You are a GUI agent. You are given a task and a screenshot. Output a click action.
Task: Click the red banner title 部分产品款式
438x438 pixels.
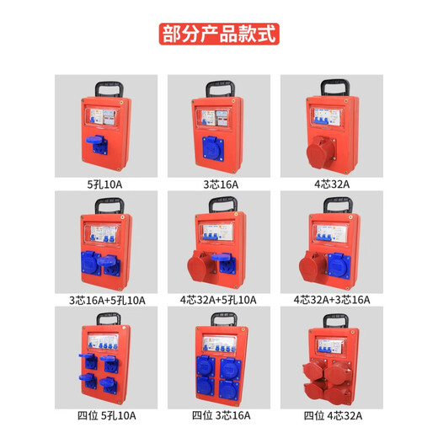pyautogui.click(x=218, y=35)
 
